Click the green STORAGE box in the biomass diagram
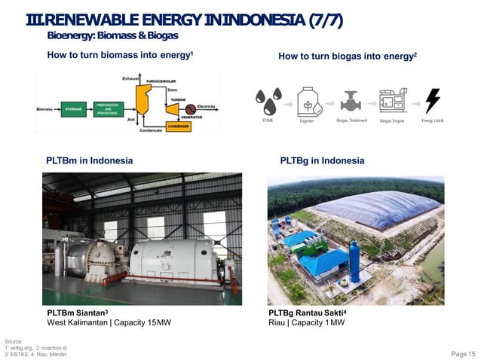[x=73, y=108]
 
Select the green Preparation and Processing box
[x=109, y=108]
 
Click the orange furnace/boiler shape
[x=141, y=97]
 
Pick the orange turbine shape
[x=173, y=108]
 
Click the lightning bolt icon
[x=433, y=100]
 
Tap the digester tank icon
[x=308, y=101]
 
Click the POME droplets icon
[x=268, y=99]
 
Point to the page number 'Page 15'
[x=463, y=354]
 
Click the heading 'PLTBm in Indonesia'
[x=90, y=160]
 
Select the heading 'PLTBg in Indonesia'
[x=322, y=160]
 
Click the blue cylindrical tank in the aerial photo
[x=354, y=260]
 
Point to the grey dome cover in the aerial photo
[x=376, y=210]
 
